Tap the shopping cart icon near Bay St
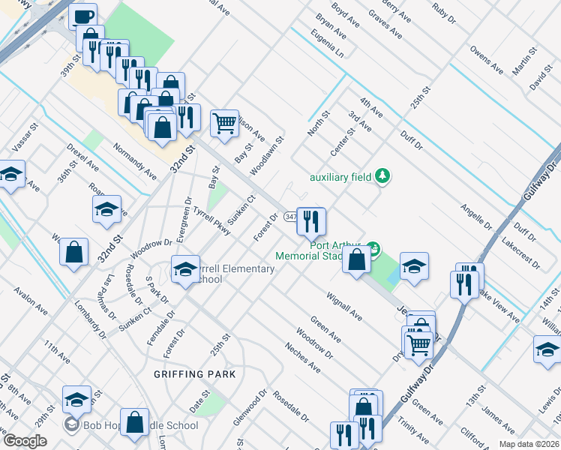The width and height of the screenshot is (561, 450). click(225, 123)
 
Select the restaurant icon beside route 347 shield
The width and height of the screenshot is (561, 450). click(311, 220)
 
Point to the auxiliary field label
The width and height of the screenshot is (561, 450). click(341, 178)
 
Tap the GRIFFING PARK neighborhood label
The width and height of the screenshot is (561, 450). click(195, 373)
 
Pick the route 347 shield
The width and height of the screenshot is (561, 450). click(290, 217)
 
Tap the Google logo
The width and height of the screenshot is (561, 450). click(25, 440)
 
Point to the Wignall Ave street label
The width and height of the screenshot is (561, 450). click(344, 307)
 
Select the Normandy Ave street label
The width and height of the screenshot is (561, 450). click(135, 161)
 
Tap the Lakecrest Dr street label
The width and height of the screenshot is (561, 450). click(520, 253)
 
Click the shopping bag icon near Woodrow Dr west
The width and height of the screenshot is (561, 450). click(75, 252)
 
